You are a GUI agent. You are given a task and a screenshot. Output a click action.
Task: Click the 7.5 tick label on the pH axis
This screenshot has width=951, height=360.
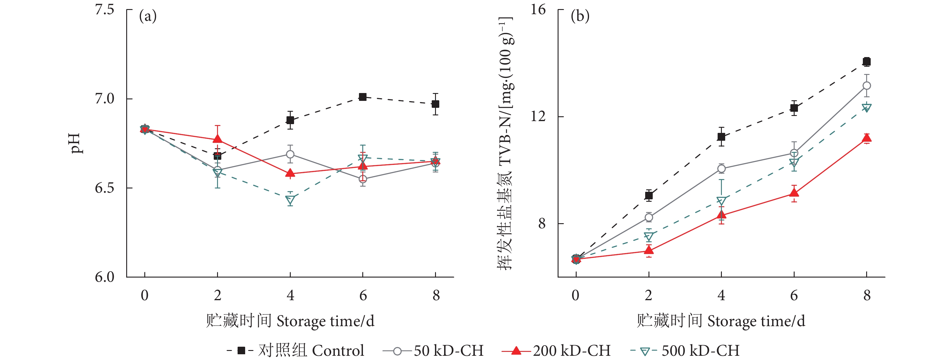[x=105, y=10]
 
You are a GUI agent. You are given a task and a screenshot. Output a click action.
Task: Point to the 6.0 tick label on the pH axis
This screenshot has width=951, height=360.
[x=105, y=277]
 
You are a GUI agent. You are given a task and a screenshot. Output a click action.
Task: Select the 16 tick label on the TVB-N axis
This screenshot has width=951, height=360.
[x=538, y=10]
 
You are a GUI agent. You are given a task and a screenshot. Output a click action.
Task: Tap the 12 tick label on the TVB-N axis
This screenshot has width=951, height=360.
[x=538, y=116]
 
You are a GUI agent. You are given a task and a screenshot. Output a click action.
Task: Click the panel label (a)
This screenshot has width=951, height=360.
[x=148, y=17]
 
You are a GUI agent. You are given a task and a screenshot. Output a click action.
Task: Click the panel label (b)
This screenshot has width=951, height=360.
[x=580, y=17]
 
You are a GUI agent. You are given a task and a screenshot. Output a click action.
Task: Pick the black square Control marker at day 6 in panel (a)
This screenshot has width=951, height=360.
[x=363, y=97]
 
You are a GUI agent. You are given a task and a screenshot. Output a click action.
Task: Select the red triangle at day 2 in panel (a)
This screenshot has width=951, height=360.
[x=217, y=139]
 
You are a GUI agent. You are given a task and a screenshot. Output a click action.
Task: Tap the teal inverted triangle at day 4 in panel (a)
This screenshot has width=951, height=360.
[x=290, y=201]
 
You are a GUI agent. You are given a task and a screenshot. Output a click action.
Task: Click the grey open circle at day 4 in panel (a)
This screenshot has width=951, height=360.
[x=290, y=154]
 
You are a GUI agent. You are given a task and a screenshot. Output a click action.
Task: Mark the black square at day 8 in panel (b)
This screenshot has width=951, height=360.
[x=866, y=62]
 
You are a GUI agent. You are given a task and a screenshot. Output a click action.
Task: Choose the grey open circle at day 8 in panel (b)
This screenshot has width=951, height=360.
[x=866, y=86]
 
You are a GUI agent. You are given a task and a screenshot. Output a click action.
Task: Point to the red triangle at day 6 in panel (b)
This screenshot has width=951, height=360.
[x=794, y=193]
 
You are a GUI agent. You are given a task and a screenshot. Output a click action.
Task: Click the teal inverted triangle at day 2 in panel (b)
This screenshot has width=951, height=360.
[x=649, y=236]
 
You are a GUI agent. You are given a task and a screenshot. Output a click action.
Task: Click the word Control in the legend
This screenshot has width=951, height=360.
[x=338, y=350]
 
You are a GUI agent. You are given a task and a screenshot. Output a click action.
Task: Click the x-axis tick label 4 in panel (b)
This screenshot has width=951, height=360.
[x=721, y=295]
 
